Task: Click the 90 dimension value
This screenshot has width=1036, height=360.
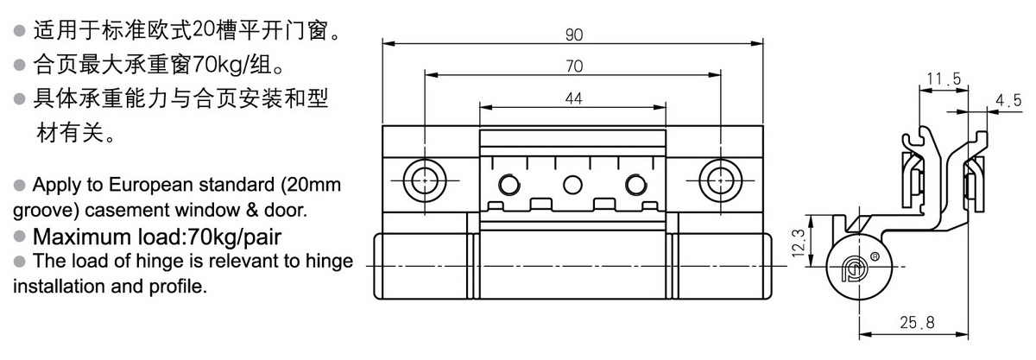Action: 573,35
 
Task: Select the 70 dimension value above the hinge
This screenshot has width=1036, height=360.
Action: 573,66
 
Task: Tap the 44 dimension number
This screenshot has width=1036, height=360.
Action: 573,99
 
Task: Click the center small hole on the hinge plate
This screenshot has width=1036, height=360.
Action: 571,184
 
